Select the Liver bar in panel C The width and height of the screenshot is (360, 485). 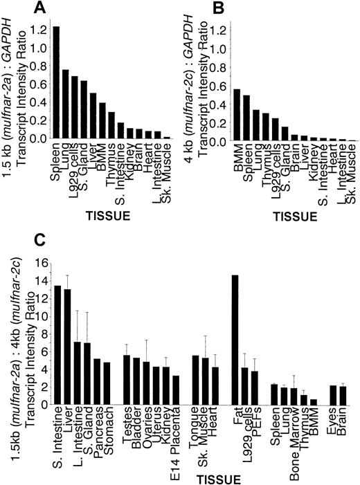point(67,346)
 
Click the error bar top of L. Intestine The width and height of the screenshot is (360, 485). point(78,311)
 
